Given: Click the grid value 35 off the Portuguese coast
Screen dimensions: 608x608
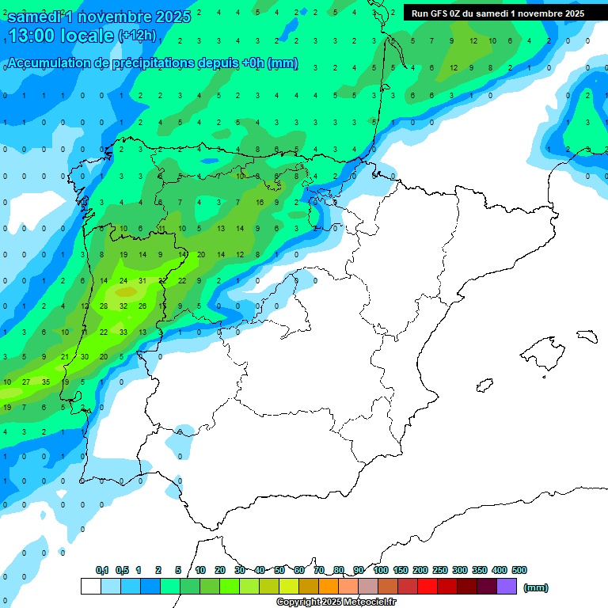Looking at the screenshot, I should (45, 382).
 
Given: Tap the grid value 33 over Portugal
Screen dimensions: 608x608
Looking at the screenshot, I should (123, 332).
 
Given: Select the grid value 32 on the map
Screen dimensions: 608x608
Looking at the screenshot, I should (123, 306).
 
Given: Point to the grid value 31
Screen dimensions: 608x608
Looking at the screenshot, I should (142, 280).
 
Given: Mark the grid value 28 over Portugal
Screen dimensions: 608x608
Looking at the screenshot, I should (104, 306).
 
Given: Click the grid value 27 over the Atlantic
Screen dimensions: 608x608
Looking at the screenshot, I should (26, 382).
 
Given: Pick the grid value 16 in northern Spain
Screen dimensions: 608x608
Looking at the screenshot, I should (259, 203).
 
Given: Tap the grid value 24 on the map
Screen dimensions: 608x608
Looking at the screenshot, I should (123, 280).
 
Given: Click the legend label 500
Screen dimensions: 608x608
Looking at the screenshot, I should (519, 570).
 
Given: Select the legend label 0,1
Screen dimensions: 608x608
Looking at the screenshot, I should (102, 570).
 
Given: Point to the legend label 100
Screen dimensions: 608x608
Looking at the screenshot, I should (381, 570).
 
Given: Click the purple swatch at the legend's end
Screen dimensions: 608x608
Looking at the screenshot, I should (507, 587).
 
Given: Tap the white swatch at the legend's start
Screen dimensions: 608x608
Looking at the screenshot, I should (91, 587).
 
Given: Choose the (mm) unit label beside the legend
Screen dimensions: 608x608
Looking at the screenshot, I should (536, 587).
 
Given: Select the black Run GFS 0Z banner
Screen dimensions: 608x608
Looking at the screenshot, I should (498, 13).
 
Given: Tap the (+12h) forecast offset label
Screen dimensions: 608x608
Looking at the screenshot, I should (137, 36).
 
